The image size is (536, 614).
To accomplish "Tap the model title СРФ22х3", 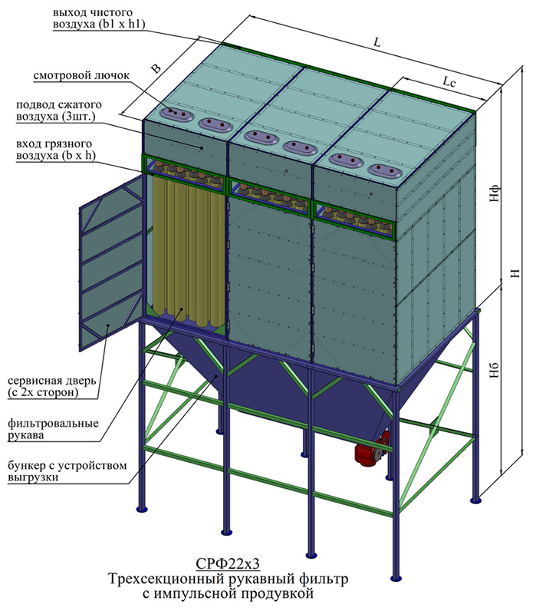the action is click(228, 564).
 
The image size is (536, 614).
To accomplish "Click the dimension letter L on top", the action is click(377, 42).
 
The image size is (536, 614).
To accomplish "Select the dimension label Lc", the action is click(449, 82).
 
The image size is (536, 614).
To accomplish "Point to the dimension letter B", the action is click(156, 68).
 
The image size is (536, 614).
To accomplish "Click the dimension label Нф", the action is click(495, 193).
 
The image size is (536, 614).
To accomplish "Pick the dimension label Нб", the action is click(495, 370).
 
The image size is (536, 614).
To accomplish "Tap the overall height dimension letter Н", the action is click(515, 273).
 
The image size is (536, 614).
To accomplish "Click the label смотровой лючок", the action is click(81, 75).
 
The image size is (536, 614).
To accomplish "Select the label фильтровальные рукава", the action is click(53, 429).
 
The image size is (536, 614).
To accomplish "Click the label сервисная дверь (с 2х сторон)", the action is click(51, 387).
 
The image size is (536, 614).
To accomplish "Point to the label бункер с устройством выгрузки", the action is click(67, 471).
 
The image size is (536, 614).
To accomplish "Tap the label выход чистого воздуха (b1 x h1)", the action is click(99, 18).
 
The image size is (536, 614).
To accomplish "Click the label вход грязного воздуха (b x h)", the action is click(55, 150).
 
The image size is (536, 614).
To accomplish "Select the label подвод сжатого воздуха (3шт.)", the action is click(59, 111).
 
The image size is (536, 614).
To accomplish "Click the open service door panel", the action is click(111, 262).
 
